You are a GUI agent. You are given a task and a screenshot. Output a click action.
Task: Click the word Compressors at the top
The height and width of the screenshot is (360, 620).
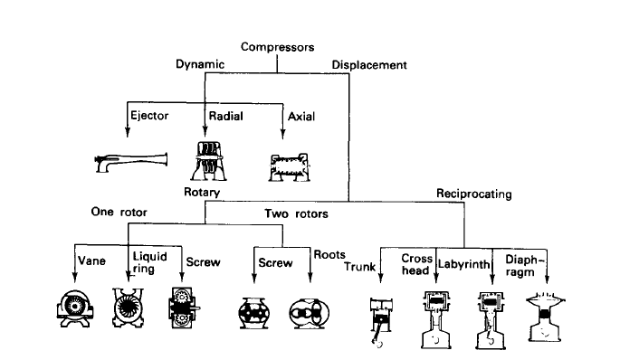pos(276,47)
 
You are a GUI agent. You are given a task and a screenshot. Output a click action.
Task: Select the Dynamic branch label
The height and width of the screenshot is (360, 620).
pos(201,64)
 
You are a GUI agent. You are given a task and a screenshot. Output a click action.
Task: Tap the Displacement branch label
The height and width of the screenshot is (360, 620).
pos(368,65)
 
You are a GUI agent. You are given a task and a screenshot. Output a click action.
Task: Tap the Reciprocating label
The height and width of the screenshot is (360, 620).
pos(473,194)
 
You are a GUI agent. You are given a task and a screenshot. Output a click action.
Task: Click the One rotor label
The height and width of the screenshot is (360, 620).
pos(120,213)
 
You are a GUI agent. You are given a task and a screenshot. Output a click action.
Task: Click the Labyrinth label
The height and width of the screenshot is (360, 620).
pos(464,264)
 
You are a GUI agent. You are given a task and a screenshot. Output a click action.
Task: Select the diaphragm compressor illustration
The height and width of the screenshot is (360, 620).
pos(545,317)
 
